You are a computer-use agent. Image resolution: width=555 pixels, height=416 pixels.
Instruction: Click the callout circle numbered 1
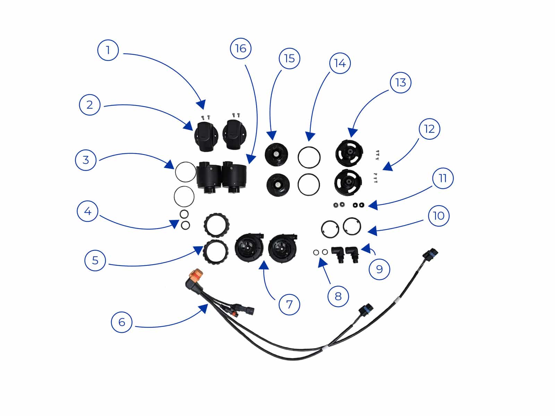click(108, 50)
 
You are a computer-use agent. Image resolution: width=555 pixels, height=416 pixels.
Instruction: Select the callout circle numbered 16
click(241, 48)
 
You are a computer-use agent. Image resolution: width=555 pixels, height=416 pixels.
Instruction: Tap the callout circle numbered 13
click(401, 83)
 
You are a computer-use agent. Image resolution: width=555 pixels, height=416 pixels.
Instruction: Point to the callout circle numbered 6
click(122, 322)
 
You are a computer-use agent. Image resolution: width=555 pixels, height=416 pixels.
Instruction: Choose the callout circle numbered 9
click(379, 269)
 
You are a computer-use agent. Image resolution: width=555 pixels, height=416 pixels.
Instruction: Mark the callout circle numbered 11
click(443, 178)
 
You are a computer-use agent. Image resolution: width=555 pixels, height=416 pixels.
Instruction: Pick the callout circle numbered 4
click(87, 211)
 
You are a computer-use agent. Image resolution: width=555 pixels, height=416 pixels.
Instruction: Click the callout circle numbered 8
click(338, 296)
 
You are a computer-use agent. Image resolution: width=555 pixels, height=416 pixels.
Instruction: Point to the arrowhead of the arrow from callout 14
click(310, 136)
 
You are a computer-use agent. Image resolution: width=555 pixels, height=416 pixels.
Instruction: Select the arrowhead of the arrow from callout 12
click(387, 167)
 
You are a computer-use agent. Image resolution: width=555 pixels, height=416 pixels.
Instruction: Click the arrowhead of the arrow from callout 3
click(169, 164)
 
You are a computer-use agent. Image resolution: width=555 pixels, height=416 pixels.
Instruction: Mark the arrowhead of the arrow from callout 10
click(372, 231)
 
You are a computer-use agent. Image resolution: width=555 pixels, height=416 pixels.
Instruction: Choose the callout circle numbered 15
click(290, 58)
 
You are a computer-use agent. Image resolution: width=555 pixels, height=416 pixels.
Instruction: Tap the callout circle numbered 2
click(90, 105)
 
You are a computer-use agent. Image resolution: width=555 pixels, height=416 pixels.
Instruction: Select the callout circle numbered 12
click(429, 129)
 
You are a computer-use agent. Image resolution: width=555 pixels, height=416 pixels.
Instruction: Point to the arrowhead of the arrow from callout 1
click(201, 105)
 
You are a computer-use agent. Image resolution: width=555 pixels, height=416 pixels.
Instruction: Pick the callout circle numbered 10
click(439, 216)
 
